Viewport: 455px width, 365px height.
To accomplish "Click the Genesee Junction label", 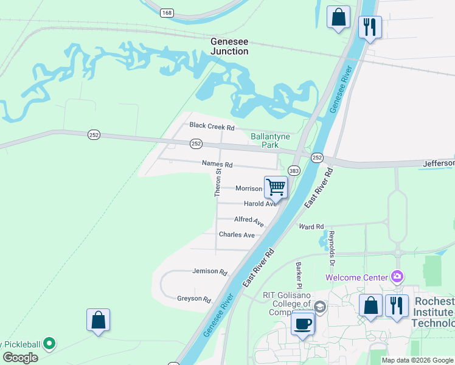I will click(229, 47).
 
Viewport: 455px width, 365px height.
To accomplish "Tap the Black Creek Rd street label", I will click(212, 127).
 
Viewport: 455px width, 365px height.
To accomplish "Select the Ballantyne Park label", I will click(273, 141).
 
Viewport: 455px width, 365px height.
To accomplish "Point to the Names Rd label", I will click(218, 164).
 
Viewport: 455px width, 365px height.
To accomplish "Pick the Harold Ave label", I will click(260, 204).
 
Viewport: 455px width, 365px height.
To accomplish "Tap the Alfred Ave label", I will click(249, 220).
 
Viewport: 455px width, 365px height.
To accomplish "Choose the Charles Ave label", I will click(237, 235).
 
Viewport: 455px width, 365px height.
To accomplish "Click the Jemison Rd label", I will click(209, 271).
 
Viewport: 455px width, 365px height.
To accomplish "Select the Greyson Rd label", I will click(193, 299).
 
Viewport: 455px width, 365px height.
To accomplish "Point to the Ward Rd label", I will click(311, 227).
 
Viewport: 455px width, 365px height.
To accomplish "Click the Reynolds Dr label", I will click(332, 249).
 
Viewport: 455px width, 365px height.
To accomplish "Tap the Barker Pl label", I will click(299, 275).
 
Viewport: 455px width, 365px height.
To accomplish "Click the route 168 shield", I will click(167, 12).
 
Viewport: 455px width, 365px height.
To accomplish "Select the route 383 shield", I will click(294, 172).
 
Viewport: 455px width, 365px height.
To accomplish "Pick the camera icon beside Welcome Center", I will click(397, 277).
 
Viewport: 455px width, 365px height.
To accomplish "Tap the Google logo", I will click(20, 358).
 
